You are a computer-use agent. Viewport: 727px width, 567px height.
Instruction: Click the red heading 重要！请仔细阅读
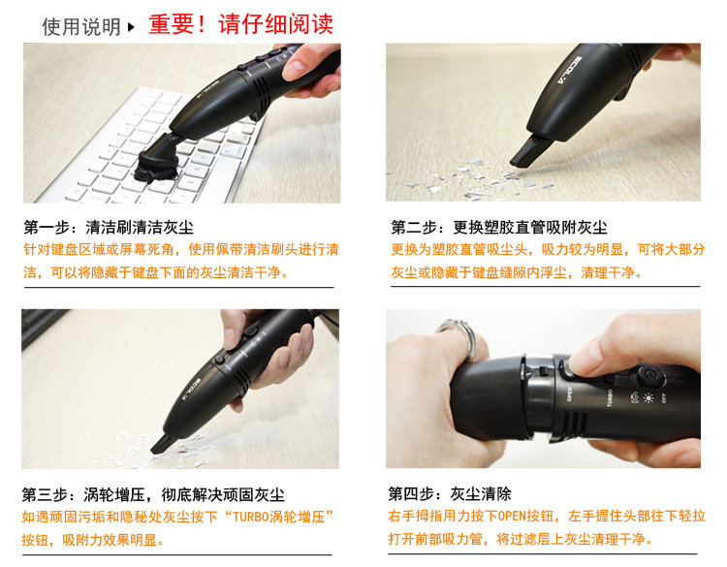[240, 24]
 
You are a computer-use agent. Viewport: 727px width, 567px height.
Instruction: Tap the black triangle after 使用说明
[131, 27]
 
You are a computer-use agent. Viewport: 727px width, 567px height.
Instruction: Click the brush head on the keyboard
[156, 161]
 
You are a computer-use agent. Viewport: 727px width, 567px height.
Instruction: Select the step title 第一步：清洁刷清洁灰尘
[109, 227]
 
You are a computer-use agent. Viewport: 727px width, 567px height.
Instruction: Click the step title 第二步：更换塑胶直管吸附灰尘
[499, 227]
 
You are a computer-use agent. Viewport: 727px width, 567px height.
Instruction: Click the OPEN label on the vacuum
[570, 394]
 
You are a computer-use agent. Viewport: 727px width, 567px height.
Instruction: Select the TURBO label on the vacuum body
[610, 397]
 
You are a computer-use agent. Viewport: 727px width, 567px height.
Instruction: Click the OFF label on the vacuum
[664, 397]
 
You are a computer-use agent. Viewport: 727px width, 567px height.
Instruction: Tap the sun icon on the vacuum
[648, 397]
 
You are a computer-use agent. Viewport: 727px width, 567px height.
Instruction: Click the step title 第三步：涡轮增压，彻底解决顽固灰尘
[153, 494]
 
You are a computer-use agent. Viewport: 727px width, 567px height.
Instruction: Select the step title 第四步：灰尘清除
[450, 493]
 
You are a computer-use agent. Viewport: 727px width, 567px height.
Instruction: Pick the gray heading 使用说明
[81, 27]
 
